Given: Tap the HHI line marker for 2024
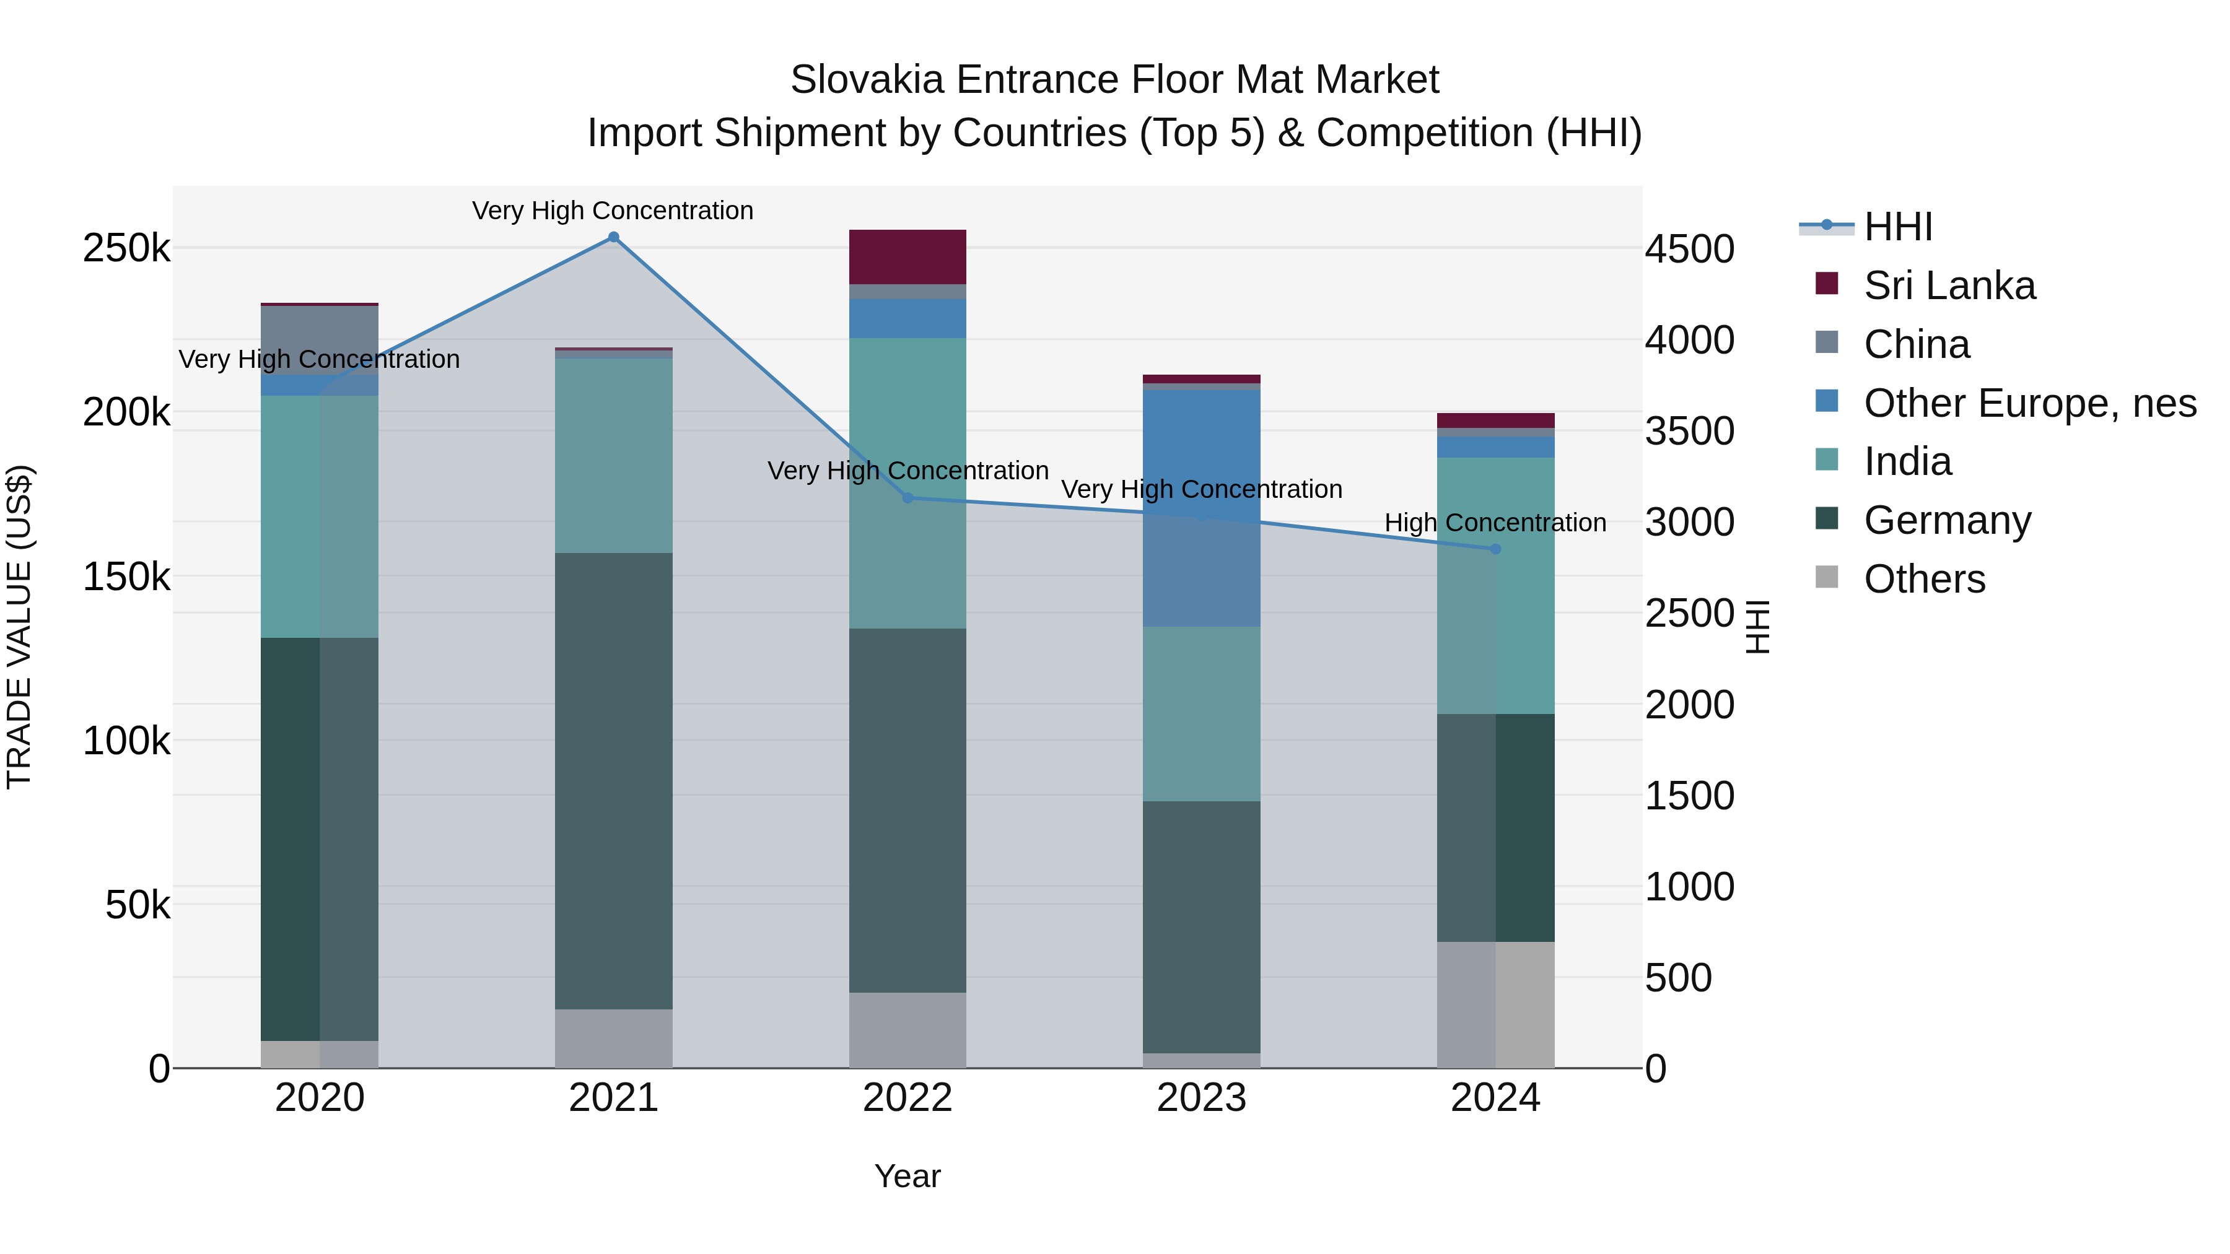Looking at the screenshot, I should coord(1495,549).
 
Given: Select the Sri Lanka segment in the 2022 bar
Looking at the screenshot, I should coord(907,257).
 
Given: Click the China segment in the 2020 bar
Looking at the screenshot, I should coord(320,340).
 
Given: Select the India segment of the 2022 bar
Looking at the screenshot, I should coord(907,483).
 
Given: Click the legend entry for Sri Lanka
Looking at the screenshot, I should coord(1949,285).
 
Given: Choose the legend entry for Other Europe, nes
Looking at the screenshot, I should coord(2029,403).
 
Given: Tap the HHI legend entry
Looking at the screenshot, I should coord(1897,227).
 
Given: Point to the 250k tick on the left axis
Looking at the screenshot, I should coord(126,248).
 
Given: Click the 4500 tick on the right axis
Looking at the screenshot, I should coord(1689,249).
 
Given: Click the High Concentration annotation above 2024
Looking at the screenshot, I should coord(1495,523).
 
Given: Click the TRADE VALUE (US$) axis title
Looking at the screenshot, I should coord(19,627).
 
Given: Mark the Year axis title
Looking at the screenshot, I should coord(907,1176).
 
